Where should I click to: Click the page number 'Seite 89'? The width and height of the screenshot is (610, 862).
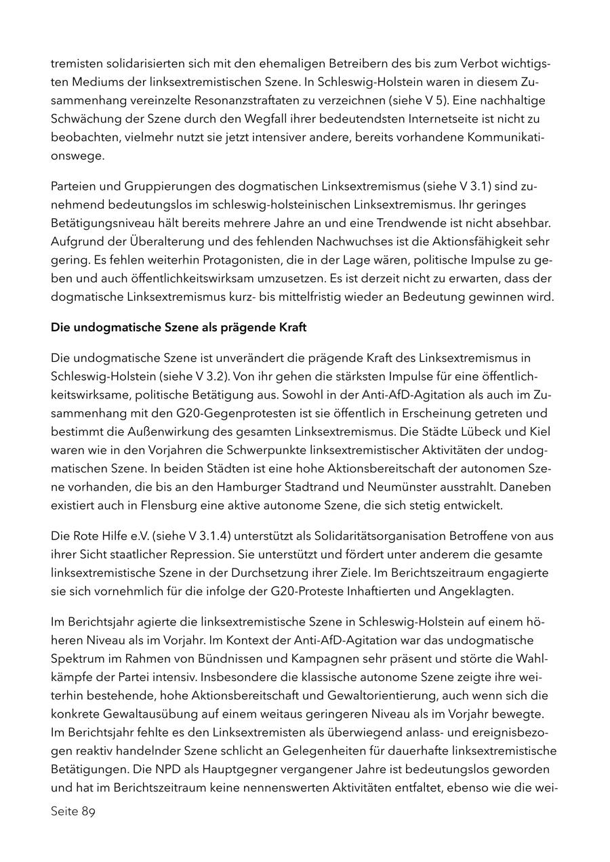point(73,812)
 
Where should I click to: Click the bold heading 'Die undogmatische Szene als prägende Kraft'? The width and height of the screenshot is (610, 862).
point(179,327)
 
